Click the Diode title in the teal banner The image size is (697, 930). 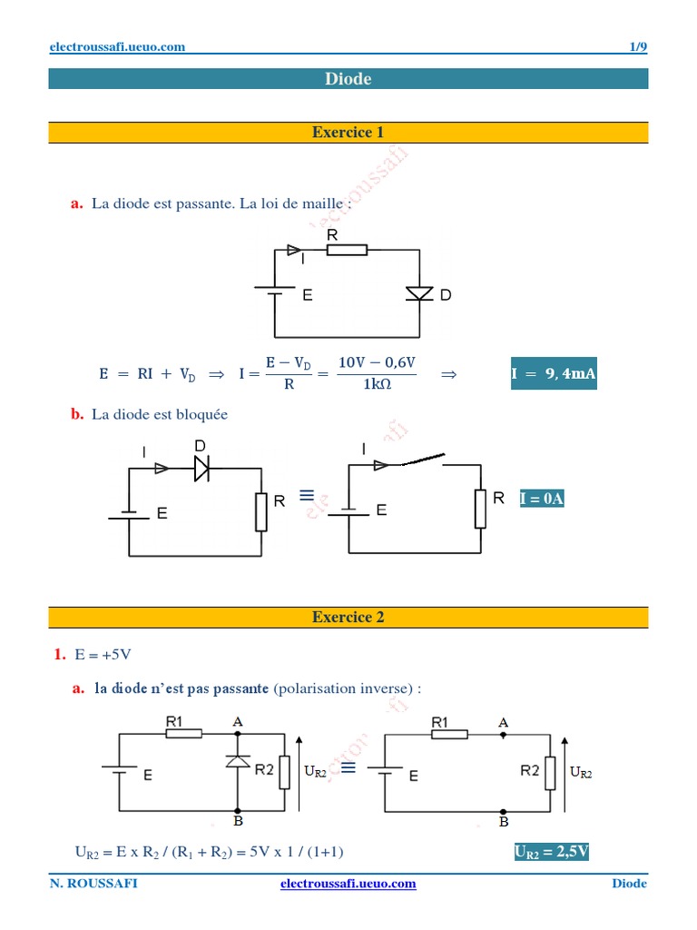[348, 79]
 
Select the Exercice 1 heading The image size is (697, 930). [348, 133]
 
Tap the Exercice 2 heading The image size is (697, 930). [348, 618]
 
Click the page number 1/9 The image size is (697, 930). [638, 47]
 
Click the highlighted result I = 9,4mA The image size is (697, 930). [554, 373]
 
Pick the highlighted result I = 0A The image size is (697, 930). [542, 499]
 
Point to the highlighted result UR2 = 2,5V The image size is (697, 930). [552, 851]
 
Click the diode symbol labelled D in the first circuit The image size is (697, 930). [419, 293]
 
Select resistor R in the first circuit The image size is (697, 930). [347, 249]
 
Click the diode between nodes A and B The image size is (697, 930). [238, 761]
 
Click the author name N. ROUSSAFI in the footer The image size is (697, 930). [93, 884]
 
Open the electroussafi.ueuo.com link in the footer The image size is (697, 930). [348, 884]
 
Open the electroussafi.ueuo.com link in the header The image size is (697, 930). [116, 47]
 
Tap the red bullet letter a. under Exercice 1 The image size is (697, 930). [77, 203]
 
